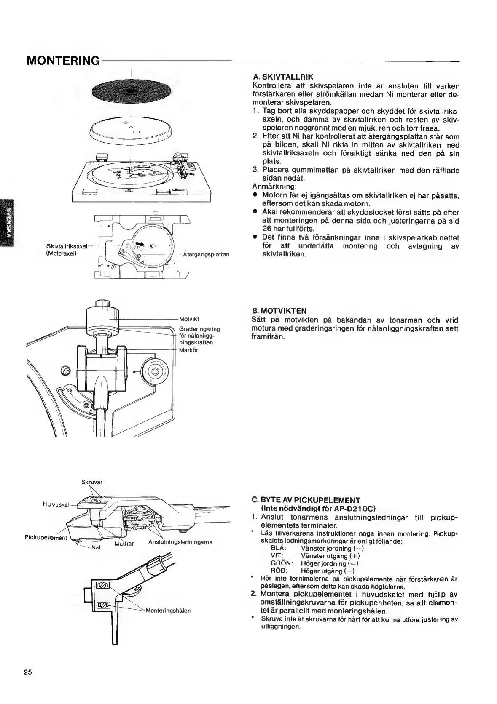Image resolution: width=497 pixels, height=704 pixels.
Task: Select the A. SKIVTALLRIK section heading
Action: point(282,77)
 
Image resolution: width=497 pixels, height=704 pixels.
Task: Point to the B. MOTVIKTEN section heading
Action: point(279,311)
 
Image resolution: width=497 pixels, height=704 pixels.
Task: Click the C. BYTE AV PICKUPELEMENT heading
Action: point(306,500)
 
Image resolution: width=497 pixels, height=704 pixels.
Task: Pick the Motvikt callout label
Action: point(188,319)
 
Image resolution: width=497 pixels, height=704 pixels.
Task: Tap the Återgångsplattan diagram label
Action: point(206,255)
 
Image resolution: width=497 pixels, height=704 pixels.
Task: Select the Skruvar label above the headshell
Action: point(92,482)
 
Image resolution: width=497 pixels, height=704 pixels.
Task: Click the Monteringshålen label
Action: point(168,610)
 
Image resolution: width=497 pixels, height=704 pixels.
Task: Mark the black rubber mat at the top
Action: point(131,91)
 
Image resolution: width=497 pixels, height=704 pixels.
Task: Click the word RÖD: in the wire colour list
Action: point(279,571)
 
